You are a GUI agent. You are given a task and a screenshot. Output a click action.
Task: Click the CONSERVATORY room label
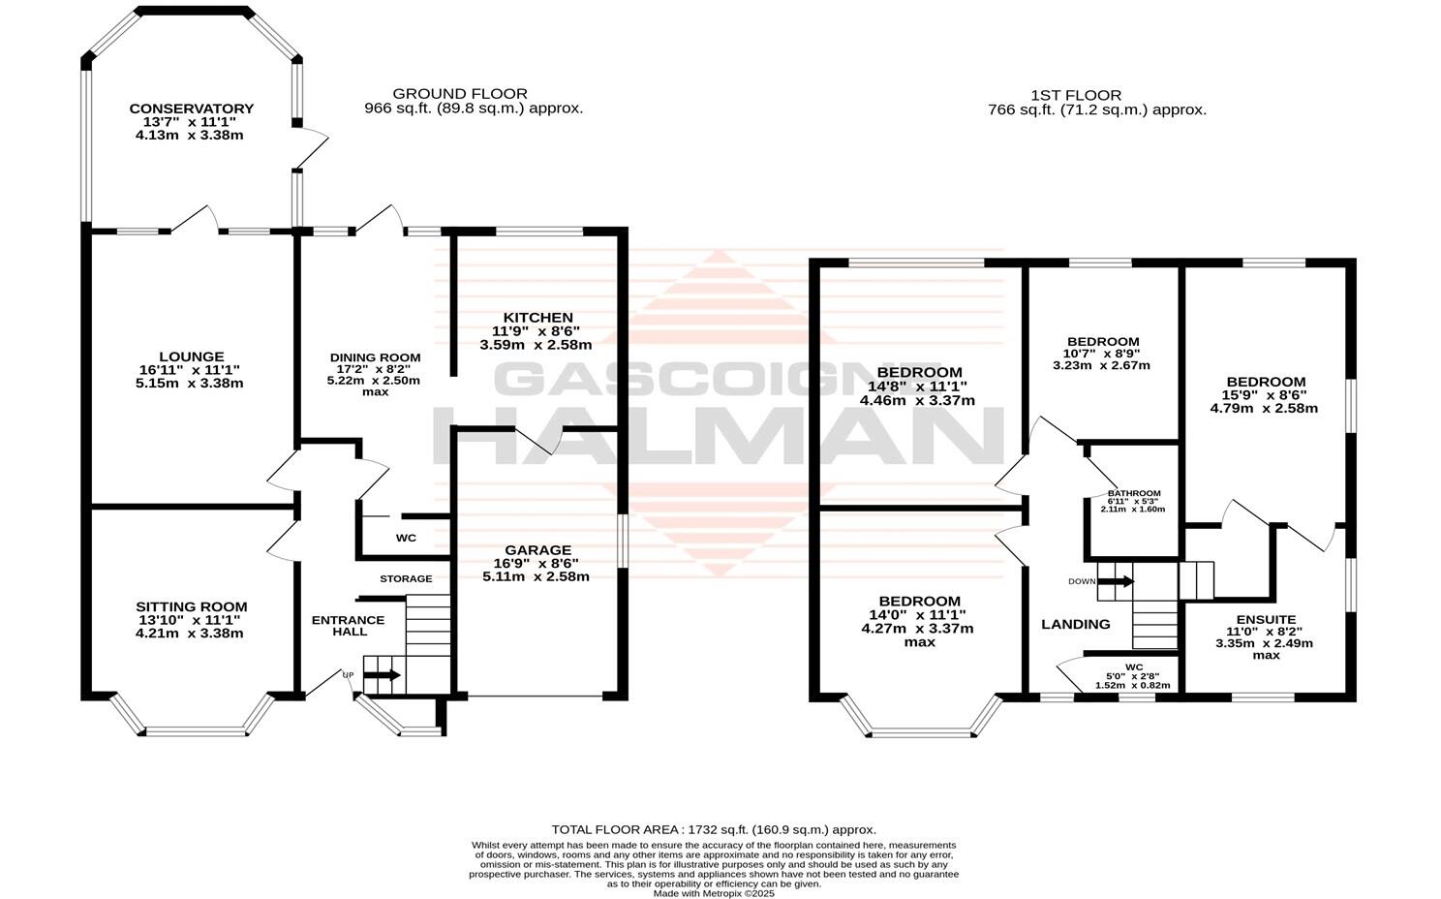coord(191,108)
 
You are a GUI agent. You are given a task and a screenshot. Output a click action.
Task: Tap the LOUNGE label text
coord(191,356)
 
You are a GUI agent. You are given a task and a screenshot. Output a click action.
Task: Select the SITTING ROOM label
coord(191,606)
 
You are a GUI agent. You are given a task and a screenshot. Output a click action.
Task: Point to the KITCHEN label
coord(537,318)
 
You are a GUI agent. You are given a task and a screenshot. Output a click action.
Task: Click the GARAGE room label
coord(537,550)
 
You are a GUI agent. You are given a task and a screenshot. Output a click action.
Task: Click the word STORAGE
coord(406,578)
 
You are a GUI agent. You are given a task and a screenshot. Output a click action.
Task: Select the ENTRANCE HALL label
coord(348,626)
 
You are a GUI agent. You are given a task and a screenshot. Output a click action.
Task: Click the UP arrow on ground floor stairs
coord(383,675)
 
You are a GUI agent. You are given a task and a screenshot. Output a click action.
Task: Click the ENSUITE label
coord(1266,620)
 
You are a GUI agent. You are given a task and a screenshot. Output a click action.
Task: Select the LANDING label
coord(1075,624)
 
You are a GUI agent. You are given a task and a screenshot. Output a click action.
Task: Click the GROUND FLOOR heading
coord(460,94)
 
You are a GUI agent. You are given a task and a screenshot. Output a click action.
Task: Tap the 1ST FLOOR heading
coord(1075,95)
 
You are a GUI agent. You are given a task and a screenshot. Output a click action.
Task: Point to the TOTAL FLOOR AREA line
coord(714,829)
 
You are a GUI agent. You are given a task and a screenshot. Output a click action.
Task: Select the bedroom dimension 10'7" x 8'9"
coord(1102,354)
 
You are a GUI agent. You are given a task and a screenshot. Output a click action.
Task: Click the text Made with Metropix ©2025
coord(714,893)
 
